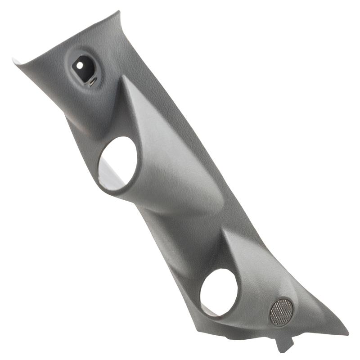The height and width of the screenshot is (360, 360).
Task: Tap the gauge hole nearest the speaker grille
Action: coord(219,292)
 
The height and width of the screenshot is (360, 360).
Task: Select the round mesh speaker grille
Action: coord(281,312)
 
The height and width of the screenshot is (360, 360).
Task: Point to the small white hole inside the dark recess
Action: coord(80,65)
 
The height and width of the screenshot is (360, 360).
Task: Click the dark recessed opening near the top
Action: coord(85,67)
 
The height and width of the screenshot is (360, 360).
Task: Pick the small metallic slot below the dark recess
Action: coord(91,82)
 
